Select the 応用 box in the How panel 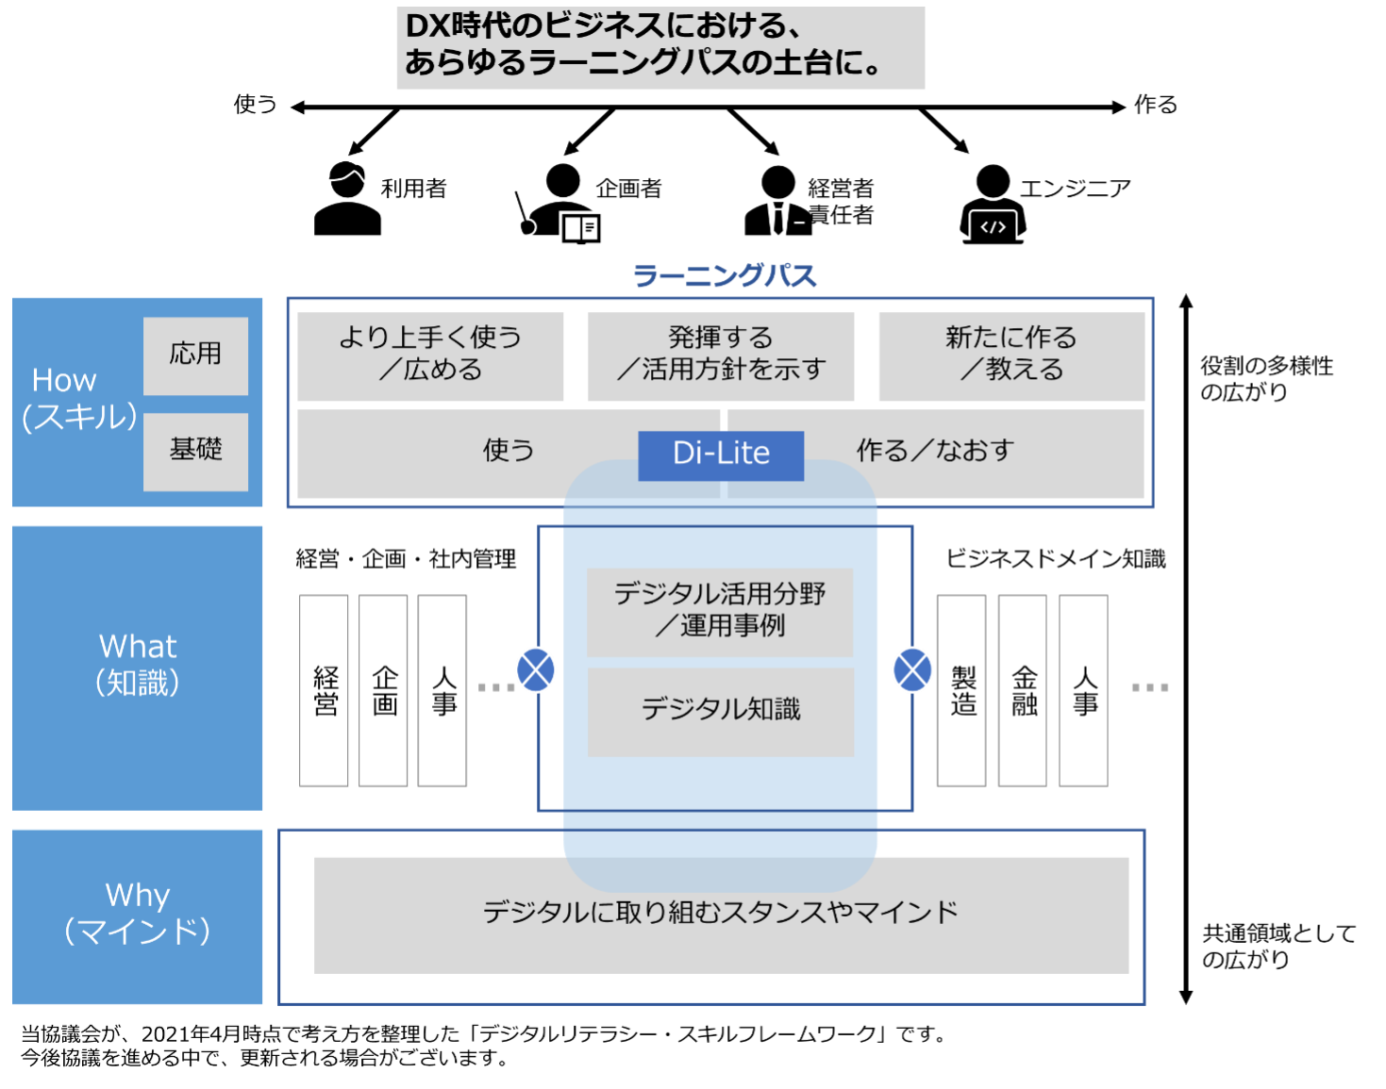tap(195, 355)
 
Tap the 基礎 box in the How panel tap(195, 451)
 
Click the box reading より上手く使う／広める tap(430, 355)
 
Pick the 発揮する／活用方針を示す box tap(721, 355)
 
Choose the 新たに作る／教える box tap(1011, 355)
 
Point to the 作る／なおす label tap(935, 451)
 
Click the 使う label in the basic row tap(509, 451)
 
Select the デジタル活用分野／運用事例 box tap(720, 611)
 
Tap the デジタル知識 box tap(721, 711)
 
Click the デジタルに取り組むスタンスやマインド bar tap(721, 914)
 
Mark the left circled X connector tap(536, 670)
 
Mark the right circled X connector tap(912, 670)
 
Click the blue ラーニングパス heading tap(724, 276)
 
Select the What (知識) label tap(138, 665)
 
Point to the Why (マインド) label tap(138, 914)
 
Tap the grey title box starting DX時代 tap(660, 48)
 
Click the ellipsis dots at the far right tap(1150, 687)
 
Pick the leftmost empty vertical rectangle tap(324, 690)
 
